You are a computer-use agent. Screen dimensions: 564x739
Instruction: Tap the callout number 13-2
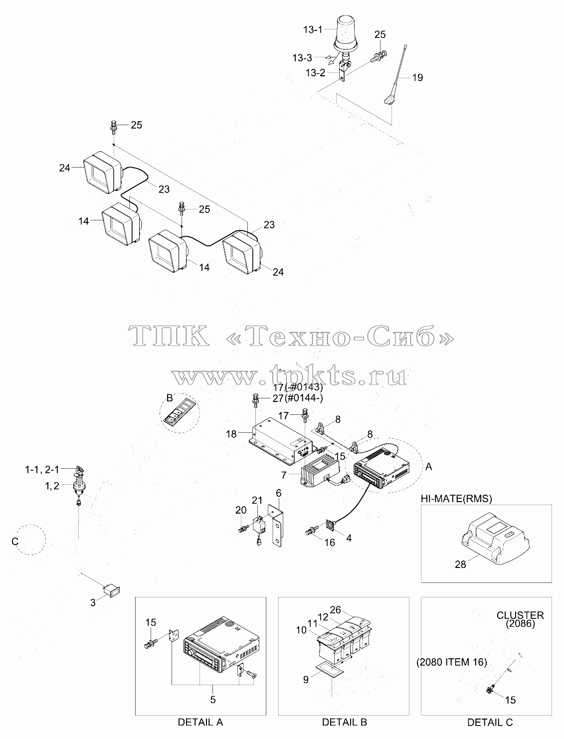pos(316,73)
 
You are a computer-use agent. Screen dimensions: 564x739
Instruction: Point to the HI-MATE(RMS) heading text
pos(456,498)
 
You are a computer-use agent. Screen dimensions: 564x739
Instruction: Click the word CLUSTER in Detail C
pos(520,615)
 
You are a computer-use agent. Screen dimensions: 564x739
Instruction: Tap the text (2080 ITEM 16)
pos(451,662)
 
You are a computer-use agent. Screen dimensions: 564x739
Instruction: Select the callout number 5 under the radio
pos(213,700)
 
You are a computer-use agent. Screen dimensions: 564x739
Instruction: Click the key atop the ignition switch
pos(80,469)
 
